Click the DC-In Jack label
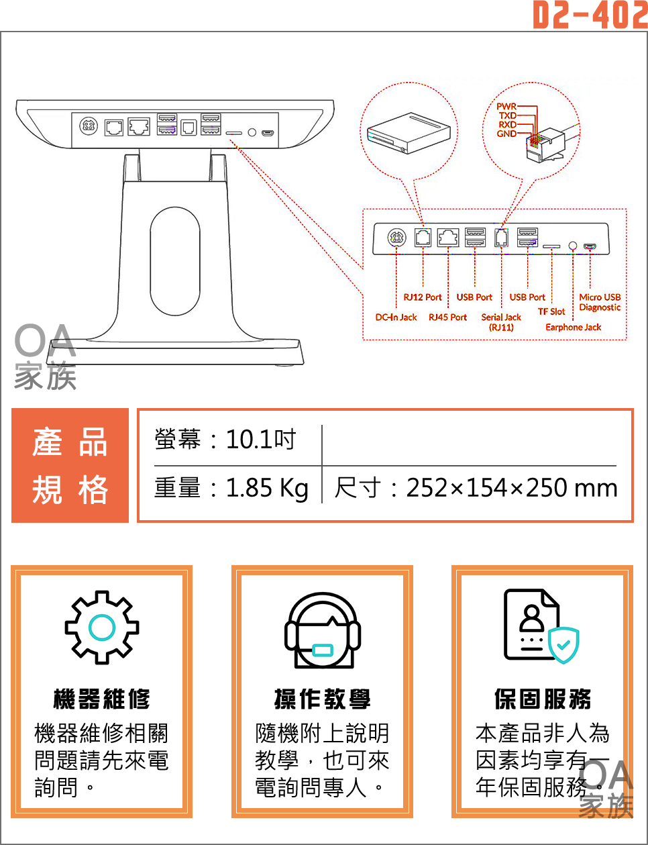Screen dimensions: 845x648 [396, 317]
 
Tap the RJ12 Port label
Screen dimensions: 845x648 [423, 297]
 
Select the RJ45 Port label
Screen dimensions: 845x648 [447, 317]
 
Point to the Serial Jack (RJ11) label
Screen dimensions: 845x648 [501, 322]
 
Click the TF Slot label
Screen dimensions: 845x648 [551, 311]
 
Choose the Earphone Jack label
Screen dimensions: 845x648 [573, 328]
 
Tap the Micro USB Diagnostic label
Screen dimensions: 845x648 [600, 302]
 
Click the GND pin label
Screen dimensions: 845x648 [506, 134]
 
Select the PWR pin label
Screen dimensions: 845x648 [506, 107]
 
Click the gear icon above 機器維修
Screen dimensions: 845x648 [102, 628]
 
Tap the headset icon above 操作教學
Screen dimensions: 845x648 [323, 631]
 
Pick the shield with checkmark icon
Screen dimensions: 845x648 [563, 645]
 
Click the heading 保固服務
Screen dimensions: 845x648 [543, 699]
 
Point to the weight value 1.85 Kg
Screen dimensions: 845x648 [267, 488]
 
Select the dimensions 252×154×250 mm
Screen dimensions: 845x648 [512, 488]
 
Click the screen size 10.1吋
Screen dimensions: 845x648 [261, 440]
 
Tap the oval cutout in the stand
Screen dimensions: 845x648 [175, 261]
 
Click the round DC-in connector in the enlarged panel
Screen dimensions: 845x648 [396, 237]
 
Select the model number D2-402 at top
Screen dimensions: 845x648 [590, 15]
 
